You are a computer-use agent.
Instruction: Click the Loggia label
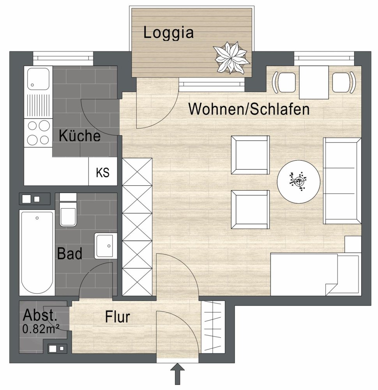point(168,33)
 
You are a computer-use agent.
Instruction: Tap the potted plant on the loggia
point(231,58)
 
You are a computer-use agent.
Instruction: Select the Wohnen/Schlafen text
point(249,109)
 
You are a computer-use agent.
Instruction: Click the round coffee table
point(299,181)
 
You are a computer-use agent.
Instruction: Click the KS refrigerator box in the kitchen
point(103,172)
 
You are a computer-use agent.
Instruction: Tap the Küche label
point(79,136)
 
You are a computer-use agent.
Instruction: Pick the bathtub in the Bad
point(37,253)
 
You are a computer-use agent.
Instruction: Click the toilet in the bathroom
point(68,213)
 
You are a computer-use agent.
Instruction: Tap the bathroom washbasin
point(105,246)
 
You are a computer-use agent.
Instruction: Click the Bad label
point(70,254)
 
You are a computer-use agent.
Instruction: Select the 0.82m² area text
point(41,329)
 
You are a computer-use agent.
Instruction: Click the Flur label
point(117,317)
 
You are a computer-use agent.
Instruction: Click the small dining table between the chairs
point(314,82)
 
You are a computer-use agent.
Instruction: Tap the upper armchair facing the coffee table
point(250,154)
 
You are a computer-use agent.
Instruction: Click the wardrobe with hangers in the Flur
point(212,327)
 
